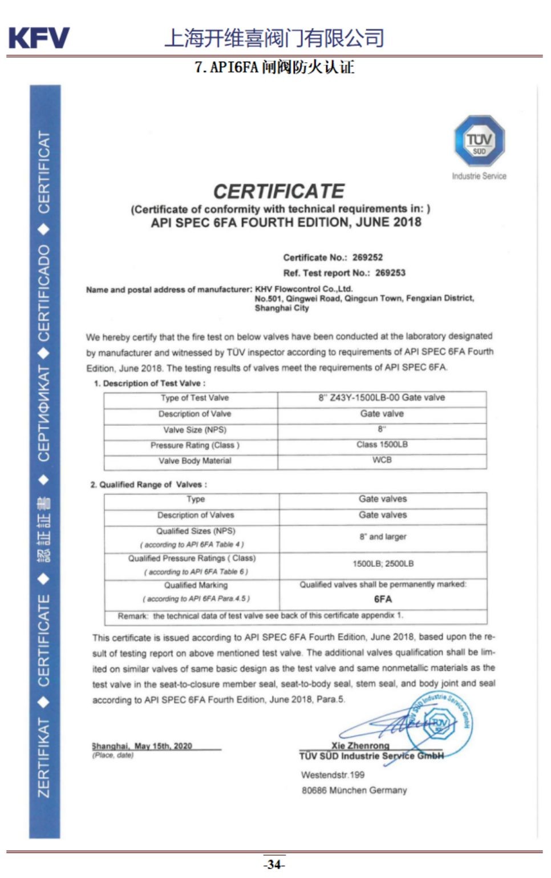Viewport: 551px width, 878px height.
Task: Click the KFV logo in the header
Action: coord(39,38)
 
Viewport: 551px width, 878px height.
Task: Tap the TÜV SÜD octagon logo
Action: coord(479,141)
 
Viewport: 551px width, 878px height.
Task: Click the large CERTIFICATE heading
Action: coord(279,191)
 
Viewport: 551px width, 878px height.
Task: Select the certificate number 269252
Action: coord(367,257)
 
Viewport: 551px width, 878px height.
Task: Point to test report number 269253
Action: coord(390,273)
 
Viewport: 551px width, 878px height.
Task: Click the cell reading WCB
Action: coord(382,460)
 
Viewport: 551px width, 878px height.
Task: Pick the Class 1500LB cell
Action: coord(382,445)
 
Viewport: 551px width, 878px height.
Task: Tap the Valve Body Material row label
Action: coord(195,461)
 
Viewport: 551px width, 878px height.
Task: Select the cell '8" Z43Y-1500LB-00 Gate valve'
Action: coord(382,398)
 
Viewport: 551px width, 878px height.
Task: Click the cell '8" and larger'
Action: coord(383,537)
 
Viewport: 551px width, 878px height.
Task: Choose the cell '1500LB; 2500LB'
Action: coord(383,564)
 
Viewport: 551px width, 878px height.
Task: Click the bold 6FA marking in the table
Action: coord(383,599)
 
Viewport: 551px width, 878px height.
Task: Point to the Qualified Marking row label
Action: coord(196,585)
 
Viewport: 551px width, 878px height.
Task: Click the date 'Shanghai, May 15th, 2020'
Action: coord(142,746)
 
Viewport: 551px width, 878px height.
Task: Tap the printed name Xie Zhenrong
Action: coord(360,745)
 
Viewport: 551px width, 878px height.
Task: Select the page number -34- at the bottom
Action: coord(274,864)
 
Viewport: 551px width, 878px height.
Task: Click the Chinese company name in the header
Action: coord(274,38)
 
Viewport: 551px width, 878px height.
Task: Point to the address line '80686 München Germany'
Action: coord(354,790)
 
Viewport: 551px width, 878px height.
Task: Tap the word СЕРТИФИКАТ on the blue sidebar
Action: coord(44,413)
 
